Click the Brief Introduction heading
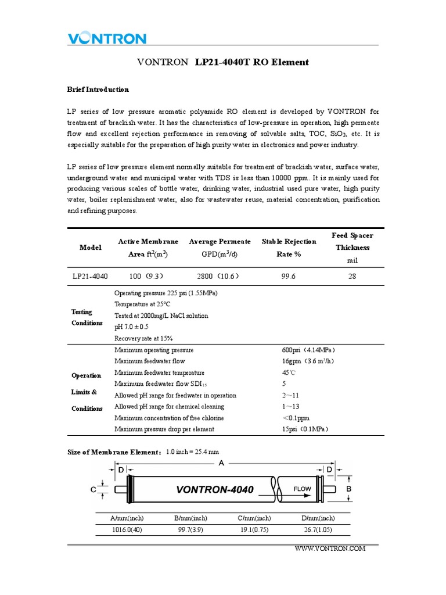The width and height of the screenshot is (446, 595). click(98, 89)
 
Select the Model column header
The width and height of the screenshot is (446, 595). click(90, 248)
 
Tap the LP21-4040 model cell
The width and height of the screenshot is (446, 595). click(90, 277)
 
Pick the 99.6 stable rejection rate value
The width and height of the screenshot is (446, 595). click(288, 277)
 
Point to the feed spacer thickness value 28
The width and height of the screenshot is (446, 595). click(352, 277)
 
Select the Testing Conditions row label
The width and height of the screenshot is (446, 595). click(87, 317)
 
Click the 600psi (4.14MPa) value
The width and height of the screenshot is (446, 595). click(309, 350)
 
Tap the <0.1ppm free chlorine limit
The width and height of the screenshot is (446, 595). click(296, 418)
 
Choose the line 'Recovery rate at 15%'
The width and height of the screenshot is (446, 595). click(143, 338)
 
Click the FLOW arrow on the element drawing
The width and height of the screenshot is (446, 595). click(303, 489)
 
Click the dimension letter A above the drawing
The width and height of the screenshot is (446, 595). click(221, 463)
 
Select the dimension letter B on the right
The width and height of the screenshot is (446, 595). click(349, 490)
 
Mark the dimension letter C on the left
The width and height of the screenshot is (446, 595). click(93, 490)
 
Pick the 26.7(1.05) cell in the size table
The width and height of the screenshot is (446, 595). click(318, 530)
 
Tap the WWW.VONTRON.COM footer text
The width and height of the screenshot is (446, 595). click(330, 549)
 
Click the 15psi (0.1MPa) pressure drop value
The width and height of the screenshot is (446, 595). click(305, 429)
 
